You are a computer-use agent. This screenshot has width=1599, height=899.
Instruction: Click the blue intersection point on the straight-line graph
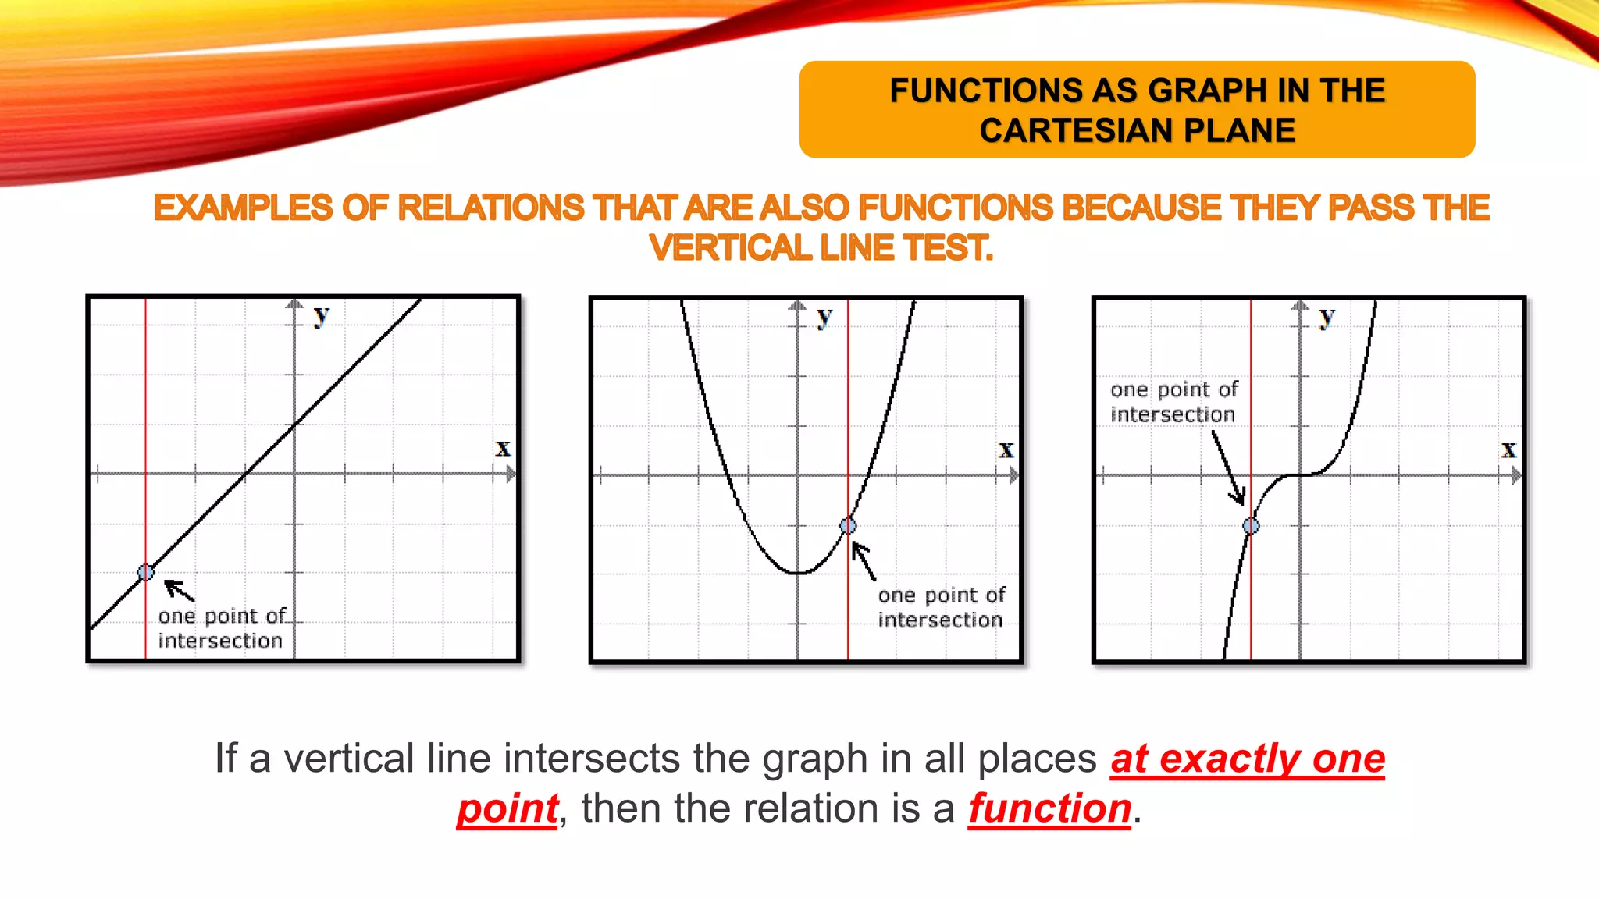pyautogui.click(x=146, y=573)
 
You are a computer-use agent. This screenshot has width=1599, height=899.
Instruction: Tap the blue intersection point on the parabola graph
pyautogui.click(x=848, y=526)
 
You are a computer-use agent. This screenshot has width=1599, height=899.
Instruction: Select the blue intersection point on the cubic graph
pyautogui.click(x=1251, y=526)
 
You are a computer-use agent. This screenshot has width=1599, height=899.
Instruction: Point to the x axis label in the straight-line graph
pyautogui.click(x=503, y=449)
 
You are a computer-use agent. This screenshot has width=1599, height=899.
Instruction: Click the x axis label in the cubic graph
pyautogui.click(x=1508, y=450)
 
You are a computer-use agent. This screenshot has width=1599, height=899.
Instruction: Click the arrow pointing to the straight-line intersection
pyautogui.click(x=179, y=590)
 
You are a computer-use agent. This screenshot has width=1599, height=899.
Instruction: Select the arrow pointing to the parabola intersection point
pyautogui.click(x=863, y=561)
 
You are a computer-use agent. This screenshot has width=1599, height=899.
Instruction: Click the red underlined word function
pyautogui.click(x=1050, y=808)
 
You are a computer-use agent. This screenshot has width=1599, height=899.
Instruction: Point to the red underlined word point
pyautogui.click(x=507, y=808)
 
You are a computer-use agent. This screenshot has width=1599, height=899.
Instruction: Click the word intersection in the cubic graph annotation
pyautogui.click(x=1173, y=414)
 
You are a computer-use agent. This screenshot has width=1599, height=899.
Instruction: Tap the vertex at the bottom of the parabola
pyautogui.click(x=798, y=573)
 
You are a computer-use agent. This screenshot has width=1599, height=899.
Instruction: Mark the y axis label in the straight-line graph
pyautogui.click(x=321, y=316)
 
